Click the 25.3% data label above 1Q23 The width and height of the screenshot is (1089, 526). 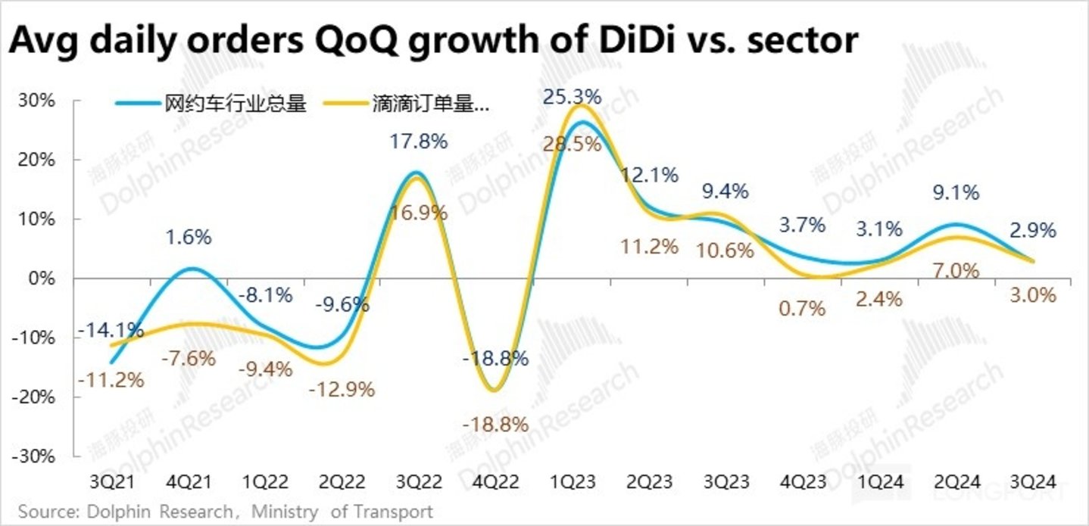click(572, 98)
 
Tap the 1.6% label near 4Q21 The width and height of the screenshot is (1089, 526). click(189, 237)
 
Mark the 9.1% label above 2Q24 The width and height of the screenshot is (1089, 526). click(955, 193)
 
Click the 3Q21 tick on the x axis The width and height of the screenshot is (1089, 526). click(111, 482)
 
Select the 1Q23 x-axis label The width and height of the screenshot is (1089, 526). click(573, 482)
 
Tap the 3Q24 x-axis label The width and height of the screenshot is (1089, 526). click(1033, 482)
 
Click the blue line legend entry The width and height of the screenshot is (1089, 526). click(211, 104)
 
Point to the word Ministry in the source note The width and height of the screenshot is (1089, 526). click(284, 512)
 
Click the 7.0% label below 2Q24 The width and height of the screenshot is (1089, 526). click(955, 270)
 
